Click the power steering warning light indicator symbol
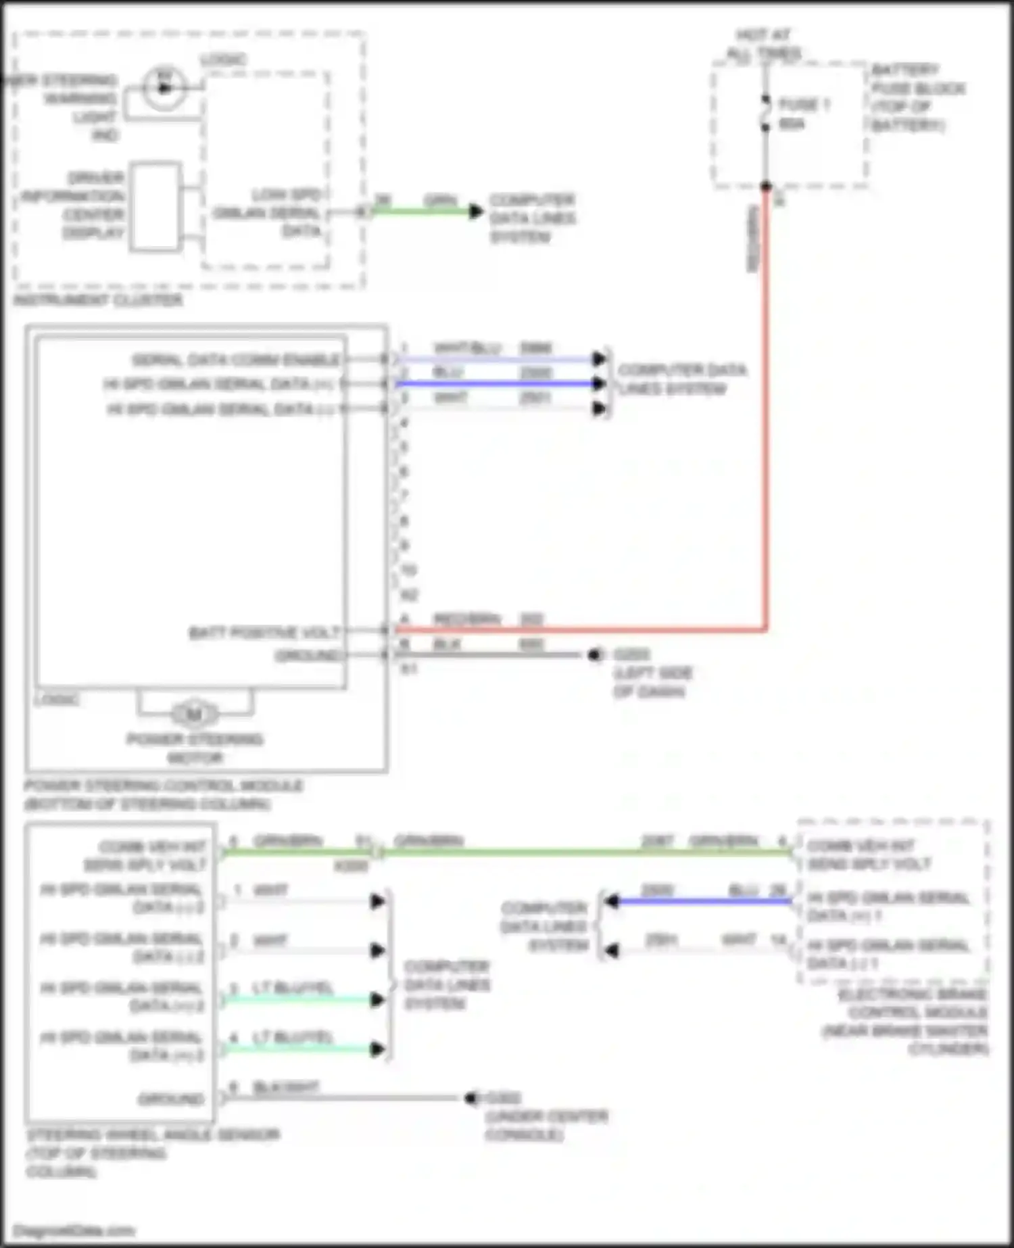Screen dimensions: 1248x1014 point(164,88)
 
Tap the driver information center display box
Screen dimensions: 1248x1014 point(156,206)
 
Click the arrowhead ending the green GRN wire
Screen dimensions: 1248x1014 point(476,211)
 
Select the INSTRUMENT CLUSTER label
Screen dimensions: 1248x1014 point(99,299)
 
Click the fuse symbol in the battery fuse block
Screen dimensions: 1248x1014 point(765,114)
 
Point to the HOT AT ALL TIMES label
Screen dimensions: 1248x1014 point(764,44)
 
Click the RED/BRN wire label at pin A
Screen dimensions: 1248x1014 point(467,619)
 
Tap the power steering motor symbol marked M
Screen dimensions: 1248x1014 point(195,714)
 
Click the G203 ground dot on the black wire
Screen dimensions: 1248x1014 point(595,654)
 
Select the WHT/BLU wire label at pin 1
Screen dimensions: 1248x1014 point(467,347)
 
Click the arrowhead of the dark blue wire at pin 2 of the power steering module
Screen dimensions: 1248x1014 point(598,383)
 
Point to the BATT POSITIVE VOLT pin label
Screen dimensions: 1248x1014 point(264,632)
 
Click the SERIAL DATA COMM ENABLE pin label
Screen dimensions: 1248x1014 point(236,359)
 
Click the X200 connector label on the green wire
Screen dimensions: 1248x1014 point(351,866)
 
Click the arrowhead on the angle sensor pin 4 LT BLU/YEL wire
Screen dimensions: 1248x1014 point(378,1049)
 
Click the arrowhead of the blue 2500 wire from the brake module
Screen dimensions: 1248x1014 point(612,901)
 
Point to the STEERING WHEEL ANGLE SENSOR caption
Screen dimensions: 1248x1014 point(152,1134)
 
